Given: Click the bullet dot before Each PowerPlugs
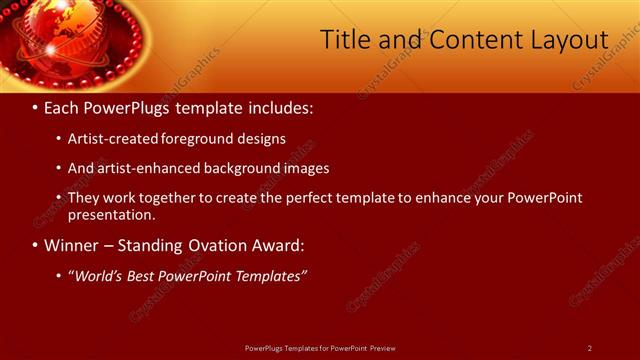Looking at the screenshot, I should click(x=35, y=107).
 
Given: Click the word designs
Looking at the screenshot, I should click(x=262, y=139).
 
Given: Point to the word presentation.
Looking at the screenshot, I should click(x=111, y=214).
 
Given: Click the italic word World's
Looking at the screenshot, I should click(x=98, y=275).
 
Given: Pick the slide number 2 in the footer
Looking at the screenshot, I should click(x=590, y=348).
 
